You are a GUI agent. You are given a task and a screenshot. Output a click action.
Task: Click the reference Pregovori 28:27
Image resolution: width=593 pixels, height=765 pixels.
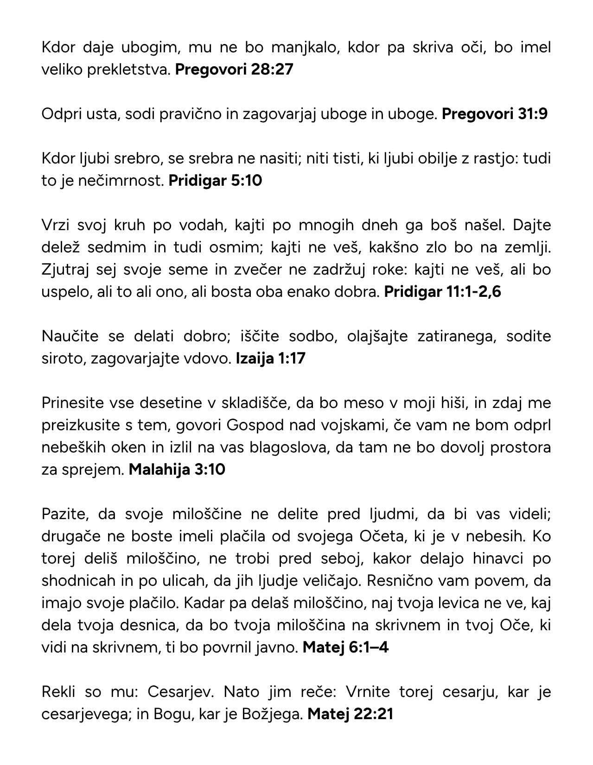[235, 70]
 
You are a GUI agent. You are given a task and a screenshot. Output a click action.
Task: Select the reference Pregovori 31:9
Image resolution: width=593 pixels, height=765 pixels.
[495, 114]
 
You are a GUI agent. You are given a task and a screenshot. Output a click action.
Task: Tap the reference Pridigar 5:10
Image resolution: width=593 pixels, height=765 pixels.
[215, 181]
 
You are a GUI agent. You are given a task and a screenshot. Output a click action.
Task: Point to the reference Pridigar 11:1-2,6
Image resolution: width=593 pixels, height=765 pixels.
[443, 292]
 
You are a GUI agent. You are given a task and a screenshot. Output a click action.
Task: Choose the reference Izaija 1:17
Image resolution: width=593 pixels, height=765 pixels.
[271, 358]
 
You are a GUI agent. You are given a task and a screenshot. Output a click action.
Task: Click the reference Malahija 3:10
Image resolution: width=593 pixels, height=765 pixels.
[177, 470]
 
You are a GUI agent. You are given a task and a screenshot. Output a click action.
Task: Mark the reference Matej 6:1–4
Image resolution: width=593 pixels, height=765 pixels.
[345, 647]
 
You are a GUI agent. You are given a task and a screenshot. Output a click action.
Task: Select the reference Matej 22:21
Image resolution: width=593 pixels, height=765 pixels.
[350, 714]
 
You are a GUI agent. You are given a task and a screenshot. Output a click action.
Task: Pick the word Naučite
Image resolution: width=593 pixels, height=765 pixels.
[70, 336]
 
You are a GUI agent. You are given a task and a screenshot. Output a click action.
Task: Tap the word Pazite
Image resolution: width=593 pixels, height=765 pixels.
[63, 514]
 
